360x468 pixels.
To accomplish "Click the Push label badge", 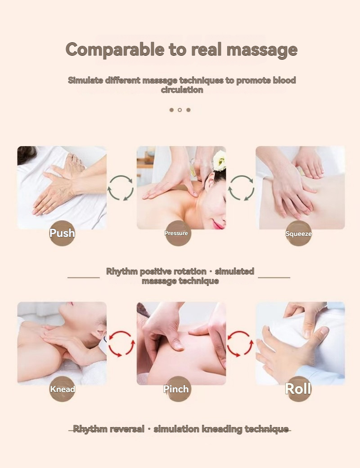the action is [x=62, y=233].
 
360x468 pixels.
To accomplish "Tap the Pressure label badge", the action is [x=178, y=233].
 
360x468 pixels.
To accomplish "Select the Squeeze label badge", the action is [x=298, y=234].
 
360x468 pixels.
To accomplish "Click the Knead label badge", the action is [x=62, y=389].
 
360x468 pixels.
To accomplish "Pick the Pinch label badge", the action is [x=178, y=389].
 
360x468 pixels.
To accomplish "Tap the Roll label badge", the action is [x=298, y=388].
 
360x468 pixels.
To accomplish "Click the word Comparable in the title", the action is [x=115, y=50].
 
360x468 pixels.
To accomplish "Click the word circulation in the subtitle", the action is [x=182, y=90].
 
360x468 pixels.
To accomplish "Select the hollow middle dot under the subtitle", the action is [x=180, y=110].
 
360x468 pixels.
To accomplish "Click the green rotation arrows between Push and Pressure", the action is [x=121, y=188].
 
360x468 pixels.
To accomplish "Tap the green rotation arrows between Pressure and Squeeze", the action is [x=241, y=188].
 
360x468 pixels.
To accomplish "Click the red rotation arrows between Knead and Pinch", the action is [x=121, y=343].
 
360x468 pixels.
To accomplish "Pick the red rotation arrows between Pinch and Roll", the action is [x=240, y=343].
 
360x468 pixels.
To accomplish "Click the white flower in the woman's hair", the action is [x=220, y=160].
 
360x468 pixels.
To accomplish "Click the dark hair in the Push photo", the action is [x=26, y=154].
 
